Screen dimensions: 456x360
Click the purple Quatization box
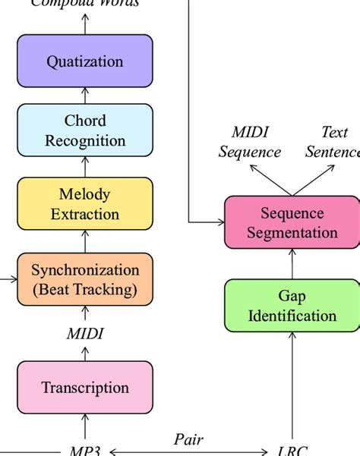click(x=85, y=61)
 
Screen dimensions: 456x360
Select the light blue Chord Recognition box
click(x=85, y=131)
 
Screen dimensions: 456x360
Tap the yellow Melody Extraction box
click(x=85, y=204)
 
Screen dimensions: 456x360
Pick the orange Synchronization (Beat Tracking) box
click(x=85, y=279)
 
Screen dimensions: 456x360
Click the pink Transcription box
click(x=85, y=388)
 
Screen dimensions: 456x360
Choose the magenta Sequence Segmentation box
click(x=292, y=222)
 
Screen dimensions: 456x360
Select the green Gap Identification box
click(x=292, y=306)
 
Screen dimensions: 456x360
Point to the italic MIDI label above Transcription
click(x=85, y=334)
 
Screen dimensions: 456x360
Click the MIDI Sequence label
click(x=250, y=142)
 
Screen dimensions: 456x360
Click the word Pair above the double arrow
click(x=188, y=439)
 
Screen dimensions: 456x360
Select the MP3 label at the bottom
click(x=85, y=451)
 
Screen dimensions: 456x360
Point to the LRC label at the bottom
click(x=292, y=451)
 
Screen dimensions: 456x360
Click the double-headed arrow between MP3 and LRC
click(x=188, y=451)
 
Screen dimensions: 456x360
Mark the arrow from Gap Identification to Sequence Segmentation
click(x=292, y=263)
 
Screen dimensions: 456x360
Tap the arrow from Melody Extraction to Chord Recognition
click(x=85, y=168)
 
